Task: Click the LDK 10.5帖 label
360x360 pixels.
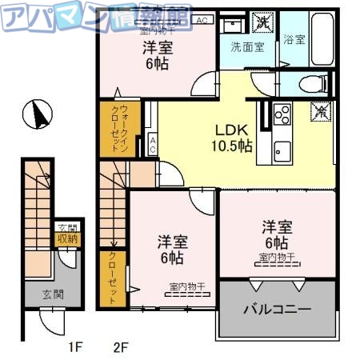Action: point(232,138)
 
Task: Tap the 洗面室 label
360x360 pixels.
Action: point(248,46)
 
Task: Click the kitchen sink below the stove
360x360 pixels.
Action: point(282,148)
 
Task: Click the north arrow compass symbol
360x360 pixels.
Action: point(36,114)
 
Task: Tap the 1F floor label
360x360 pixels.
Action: point(74,347)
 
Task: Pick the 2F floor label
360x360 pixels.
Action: point(121,347)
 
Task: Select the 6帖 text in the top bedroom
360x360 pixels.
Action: point(156,65)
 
